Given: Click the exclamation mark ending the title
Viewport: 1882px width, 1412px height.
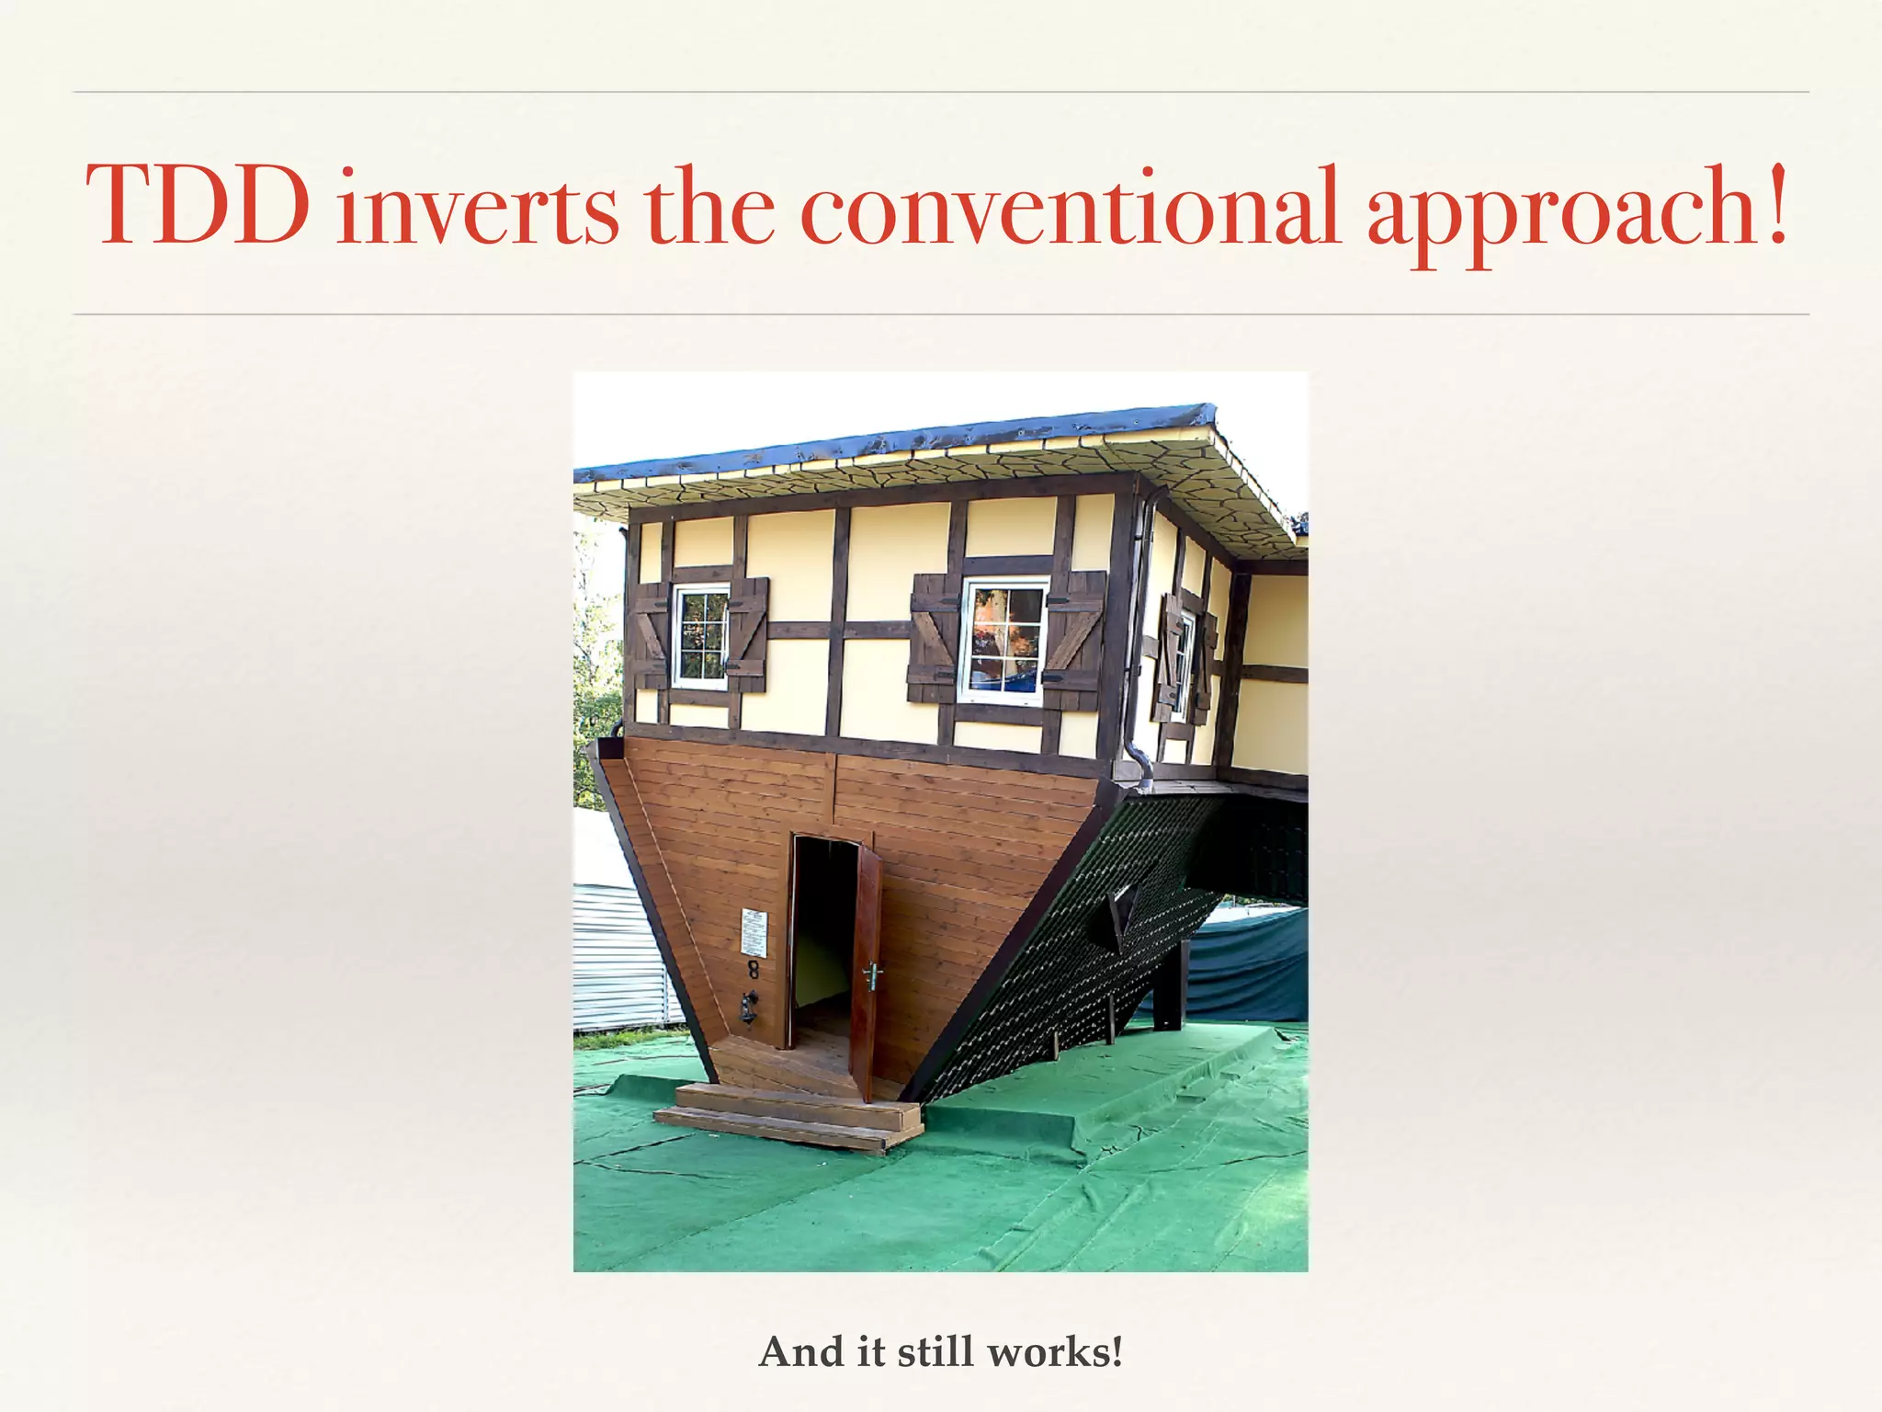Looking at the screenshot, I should click(1777, 203).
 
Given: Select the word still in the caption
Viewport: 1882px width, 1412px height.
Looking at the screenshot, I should click(937, 1351).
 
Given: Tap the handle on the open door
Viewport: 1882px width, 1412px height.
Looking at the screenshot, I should click(870, 973).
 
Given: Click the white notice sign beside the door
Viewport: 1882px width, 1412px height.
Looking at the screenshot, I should click(754, 932).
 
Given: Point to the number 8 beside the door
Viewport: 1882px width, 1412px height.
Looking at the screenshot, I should click(753, 971).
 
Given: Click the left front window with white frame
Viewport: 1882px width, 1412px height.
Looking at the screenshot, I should click(701, 636).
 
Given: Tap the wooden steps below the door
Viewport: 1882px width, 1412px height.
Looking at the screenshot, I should click(790, 1114).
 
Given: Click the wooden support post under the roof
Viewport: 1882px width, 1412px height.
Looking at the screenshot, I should click(1167, 997).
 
